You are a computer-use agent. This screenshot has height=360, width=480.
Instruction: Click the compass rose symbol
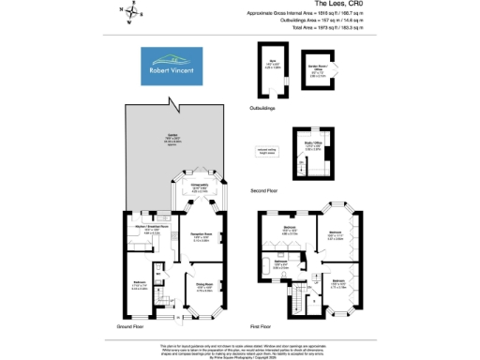tap(131, 13)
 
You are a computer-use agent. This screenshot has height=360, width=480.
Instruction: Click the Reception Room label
tap(204, 236)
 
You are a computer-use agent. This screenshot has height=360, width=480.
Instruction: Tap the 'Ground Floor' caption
tap(129, 326)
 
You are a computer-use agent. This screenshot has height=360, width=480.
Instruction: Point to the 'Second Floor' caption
tap(264, 190)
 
